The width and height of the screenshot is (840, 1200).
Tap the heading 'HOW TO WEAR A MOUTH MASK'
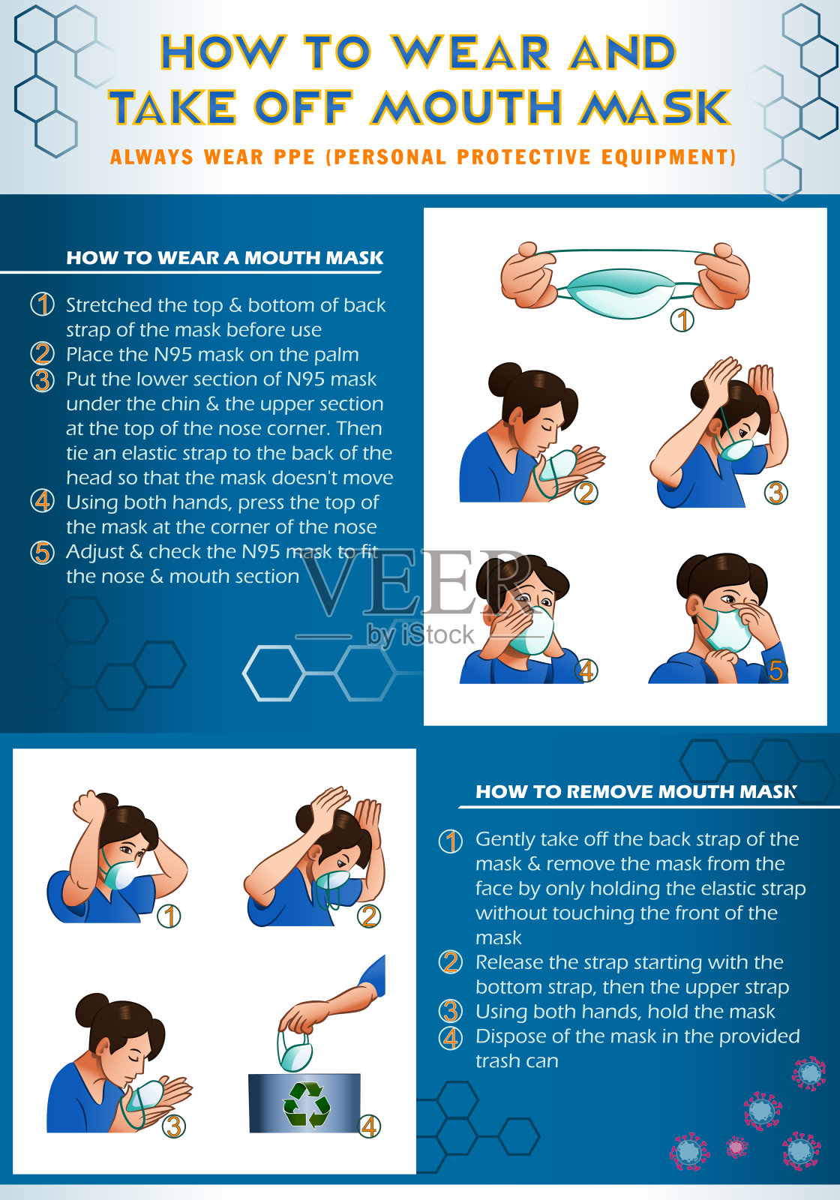tap(224, 258)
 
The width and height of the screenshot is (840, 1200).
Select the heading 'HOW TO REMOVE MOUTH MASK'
tap(636, 792)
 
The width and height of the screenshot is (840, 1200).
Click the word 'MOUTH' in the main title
tap(466, 106)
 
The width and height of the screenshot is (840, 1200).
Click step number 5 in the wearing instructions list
tap(42, 553)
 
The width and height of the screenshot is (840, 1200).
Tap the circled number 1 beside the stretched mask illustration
tap(682, 319)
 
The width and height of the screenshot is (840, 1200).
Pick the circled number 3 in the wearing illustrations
tap(775, 493)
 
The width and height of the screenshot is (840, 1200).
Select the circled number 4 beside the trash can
tap(369, 1126)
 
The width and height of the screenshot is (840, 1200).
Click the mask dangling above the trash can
tap(294, 1049)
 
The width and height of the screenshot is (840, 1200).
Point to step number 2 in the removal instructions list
tap(451, 962)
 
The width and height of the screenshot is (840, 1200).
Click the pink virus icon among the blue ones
tap(736, 1147)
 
